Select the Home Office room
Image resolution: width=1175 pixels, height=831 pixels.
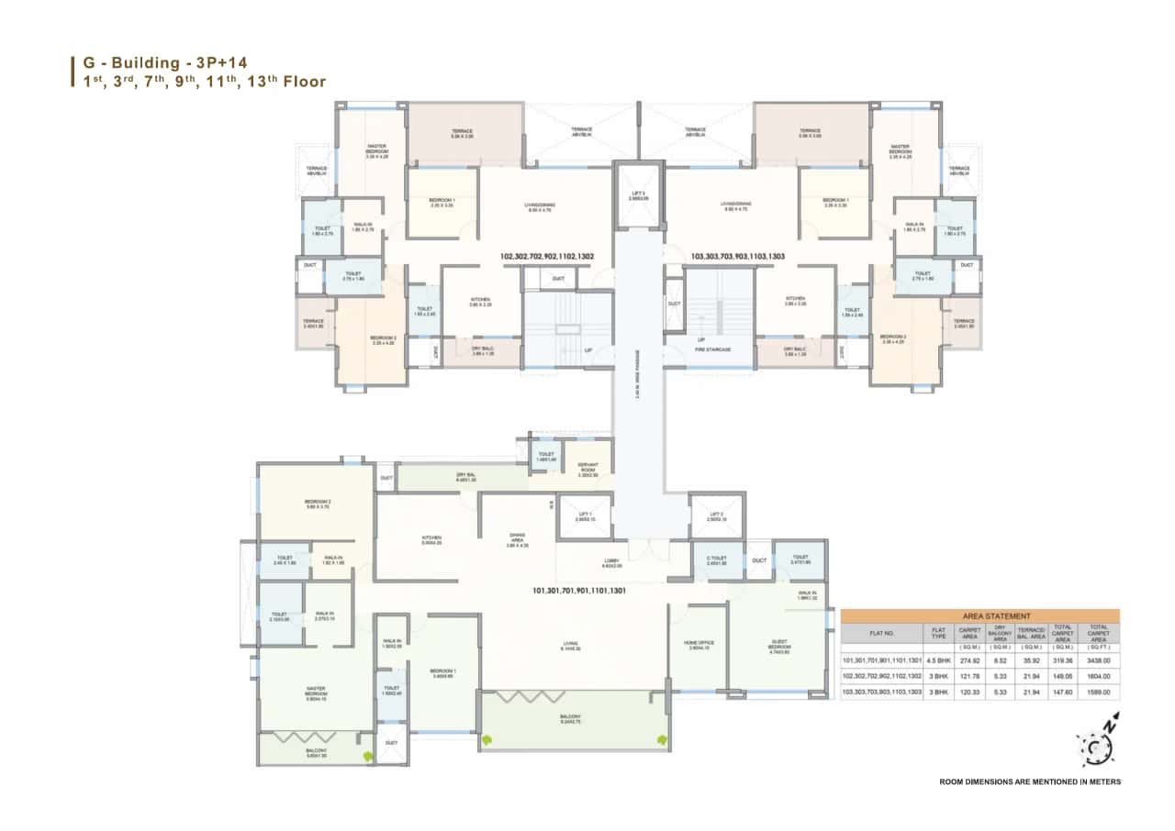[698, 645]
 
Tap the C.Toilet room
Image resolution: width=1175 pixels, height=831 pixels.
[717, 560]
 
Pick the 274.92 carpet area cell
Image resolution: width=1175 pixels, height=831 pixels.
[969, 659]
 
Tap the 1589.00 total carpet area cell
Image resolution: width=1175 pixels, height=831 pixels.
[1099, 692]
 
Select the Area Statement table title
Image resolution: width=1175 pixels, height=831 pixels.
[979, 616]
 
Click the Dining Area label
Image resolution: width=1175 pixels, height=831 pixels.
[517, 539]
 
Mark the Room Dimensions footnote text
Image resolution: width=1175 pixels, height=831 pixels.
[1030, 782]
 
